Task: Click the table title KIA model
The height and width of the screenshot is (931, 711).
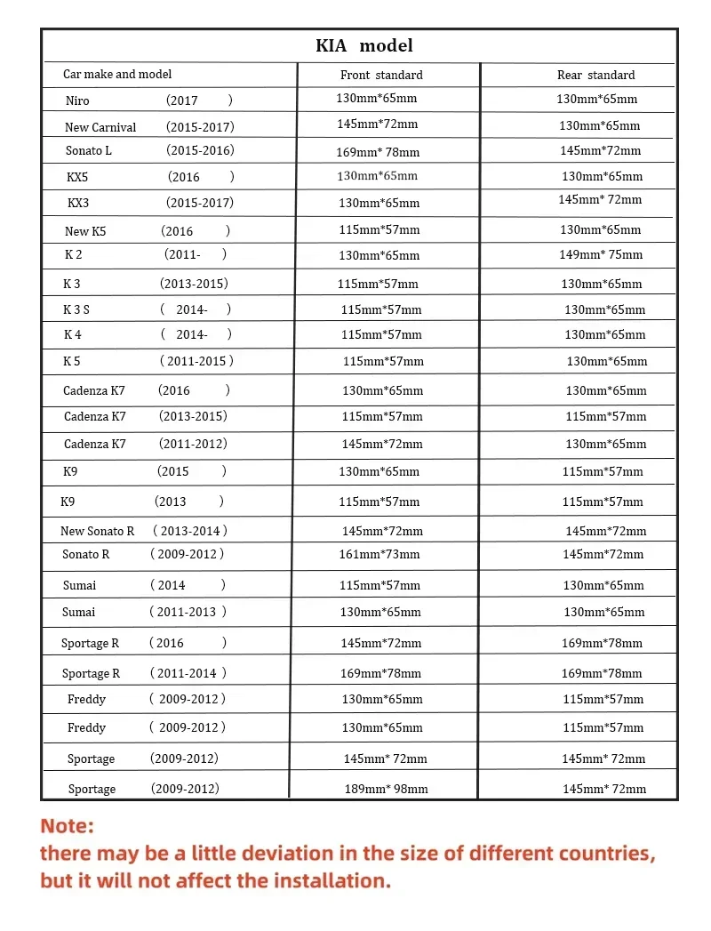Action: pyautogui.click(x=364, y=45)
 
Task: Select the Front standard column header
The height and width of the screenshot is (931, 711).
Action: pyautogui.click(x=381, y=76)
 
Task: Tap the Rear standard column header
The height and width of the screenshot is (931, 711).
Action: pyautogui.click(x=595, y=76)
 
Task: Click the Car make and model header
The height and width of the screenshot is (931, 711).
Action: pyautogui.click(x=117, y=75)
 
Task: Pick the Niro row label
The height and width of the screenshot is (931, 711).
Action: pyautogui.click(x=77, y=101)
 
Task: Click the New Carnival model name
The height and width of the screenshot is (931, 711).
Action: pyautogui.click(x=100, y=127)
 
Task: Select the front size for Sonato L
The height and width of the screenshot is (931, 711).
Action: pyautogui.click(x=378, y=152)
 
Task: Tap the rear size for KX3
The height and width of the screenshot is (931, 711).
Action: pyautogui.click(x=600, y=200)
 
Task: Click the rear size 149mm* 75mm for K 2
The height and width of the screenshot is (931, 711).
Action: pyautogui.click(x=601, y=255)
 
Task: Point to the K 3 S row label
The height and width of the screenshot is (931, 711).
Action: pyautogui.click(x=76, y=310)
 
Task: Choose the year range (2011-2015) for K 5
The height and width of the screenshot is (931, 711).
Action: pyautogui.click(x=196, y=362)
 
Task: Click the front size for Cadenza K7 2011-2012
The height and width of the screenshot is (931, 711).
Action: pyautogui.click(x=382, y=444)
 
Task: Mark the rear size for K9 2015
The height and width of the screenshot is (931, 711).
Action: pyautogui.click(x=603, y=471)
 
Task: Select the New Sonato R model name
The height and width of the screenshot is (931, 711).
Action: pyautogui.click(x=98, y=531)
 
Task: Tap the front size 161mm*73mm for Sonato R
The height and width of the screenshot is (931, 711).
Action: pyautogui.click(x=379, y=555)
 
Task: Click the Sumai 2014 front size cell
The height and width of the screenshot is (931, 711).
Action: pyautogui.click(x=379, y=585)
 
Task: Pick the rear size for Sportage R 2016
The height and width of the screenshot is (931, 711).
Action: pyautogui.click(x=602, y=643)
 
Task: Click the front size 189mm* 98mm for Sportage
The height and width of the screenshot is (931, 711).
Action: pyautogui.click(x=386, y=789)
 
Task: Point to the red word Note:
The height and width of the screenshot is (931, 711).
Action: pyautogui.click(x=67, y=826)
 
